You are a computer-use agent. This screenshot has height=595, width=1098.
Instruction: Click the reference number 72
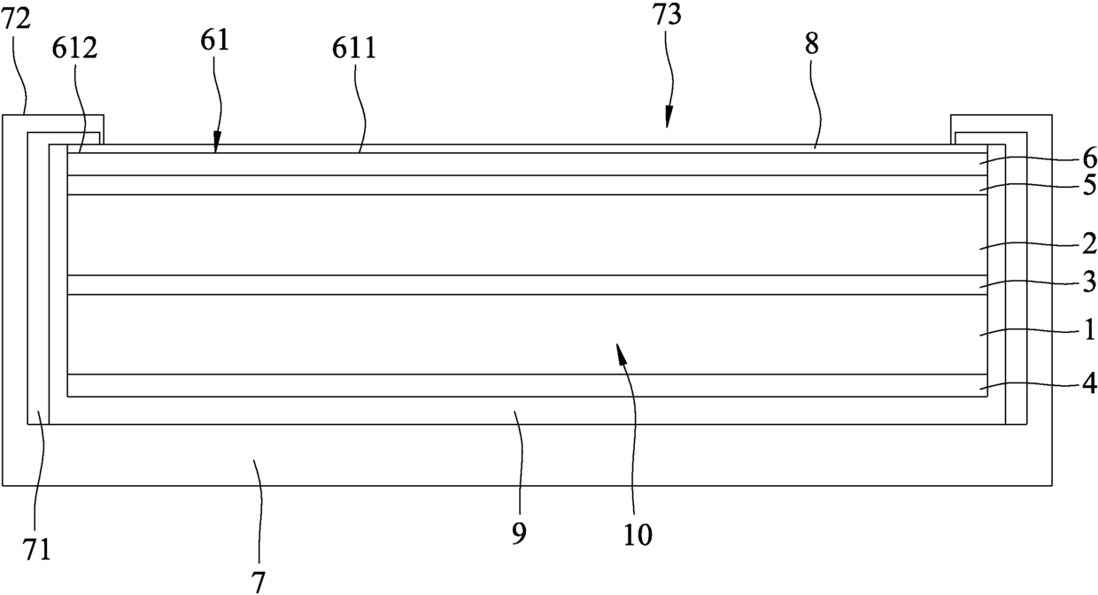17,19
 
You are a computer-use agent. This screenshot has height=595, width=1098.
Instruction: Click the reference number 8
811,46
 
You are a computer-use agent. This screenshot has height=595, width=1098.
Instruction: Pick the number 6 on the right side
1089,159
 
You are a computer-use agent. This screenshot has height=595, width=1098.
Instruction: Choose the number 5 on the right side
1089,185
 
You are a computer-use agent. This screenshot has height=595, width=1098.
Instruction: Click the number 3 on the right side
1089,282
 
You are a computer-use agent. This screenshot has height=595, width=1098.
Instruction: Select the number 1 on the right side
1089,330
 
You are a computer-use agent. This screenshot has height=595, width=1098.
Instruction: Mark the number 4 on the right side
1089,384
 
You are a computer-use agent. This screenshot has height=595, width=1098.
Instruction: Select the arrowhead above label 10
620,354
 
